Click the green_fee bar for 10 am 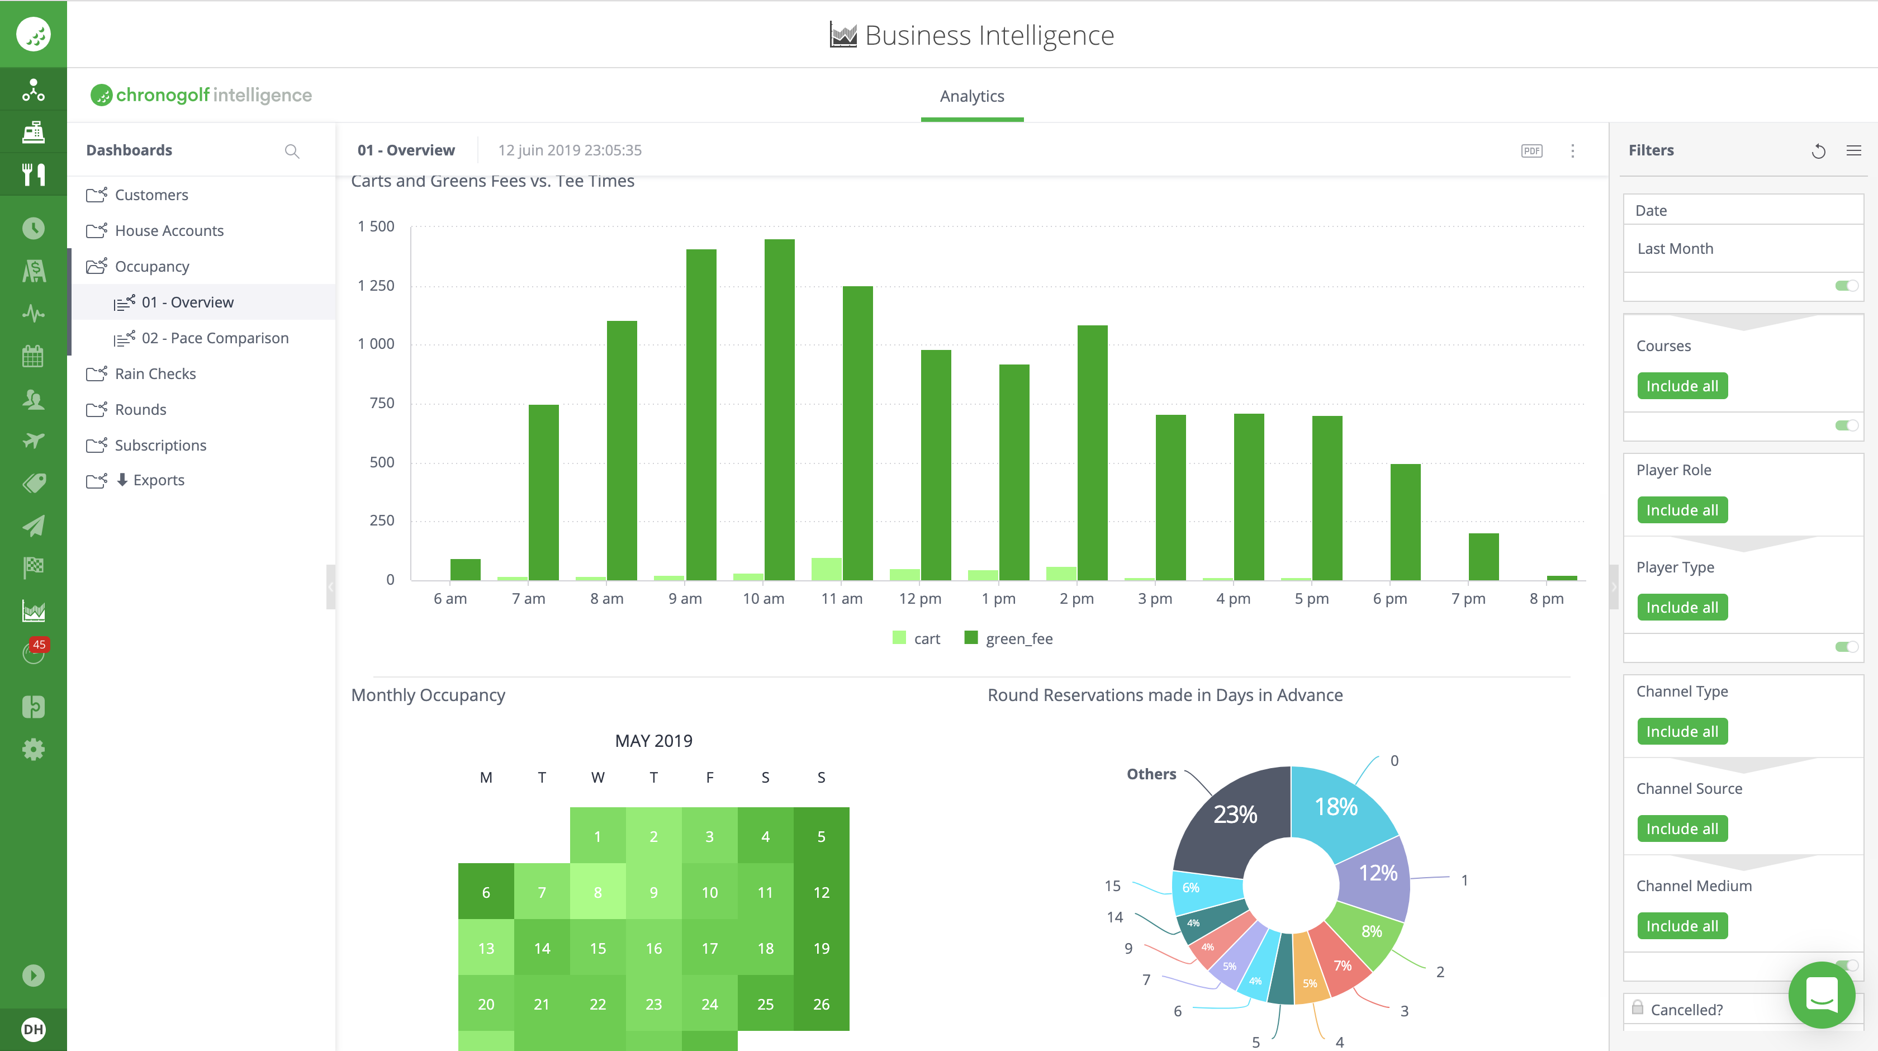click(x=779, y=409)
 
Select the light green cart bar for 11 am click(x=826, y=569)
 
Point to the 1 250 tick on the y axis click(x=376, y=285)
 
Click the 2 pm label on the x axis click(x=1077, y=599)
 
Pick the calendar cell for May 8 click(x=598, y=892)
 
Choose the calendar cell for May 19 click(x=821, y=948)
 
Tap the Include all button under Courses click(x=1682, y=386)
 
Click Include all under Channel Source click(x=1682, y=829)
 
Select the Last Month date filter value click(x=1675, y=249)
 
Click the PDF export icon click(x=1531, y=151)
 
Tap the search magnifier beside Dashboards click(x=292, y=151)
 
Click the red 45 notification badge click(x=39, y=645)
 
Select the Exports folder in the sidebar click(x=158, y=480)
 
